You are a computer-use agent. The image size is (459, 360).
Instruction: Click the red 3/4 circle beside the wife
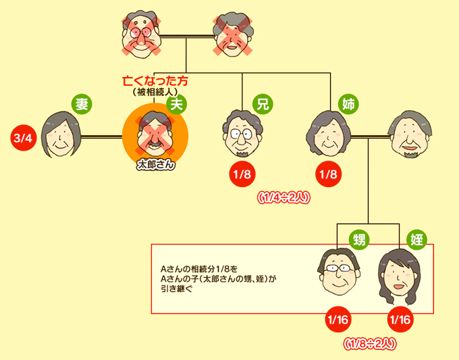tap(23, 138)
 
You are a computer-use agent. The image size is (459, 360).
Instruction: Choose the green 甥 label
tap(359, 239)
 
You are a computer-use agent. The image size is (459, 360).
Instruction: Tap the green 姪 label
tap(416, 239)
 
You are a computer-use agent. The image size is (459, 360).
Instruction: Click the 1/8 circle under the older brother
tap(242, 175)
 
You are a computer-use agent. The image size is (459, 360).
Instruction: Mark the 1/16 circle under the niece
tap(400, 319)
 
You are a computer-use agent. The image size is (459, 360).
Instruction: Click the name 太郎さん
tap(156, 164)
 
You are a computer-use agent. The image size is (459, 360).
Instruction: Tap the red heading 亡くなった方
tap(155, 81)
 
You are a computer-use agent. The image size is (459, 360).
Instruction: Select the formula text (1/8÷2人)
tap(369, 343)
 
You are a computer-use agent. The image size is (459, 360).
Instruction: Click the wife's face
tap(60, 134)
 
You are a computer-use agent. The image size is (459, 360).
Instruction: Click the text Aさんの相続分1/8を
tap(200, 267)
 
